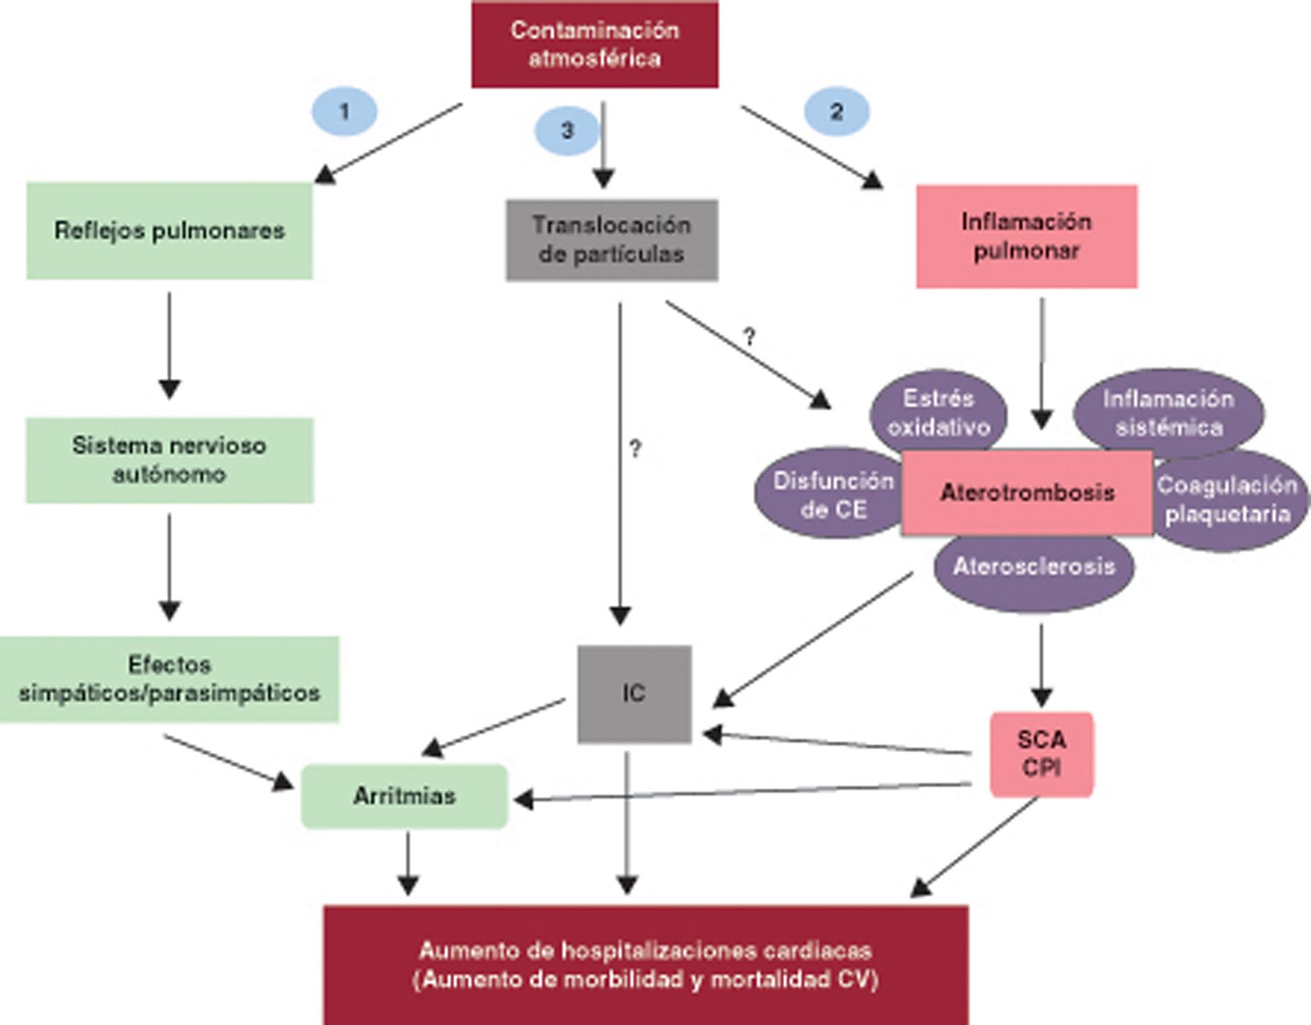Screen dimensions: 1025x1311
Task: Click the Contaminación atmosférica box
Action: [595, 45]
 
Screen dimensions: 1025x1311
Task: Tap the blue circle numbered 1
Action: [344, 111]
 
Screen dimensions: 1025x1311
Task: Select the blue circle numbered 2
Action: [837, 111]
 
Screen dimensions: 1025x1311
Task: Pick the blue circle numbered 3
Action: [566, 130]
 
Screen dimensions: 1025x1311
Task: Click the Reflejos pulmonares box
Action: [170, 230]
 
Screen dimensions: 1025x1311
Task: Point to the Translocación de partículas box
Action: [612, 240]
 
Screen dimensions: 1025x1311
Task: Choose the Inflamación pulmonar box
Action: [1026, 236]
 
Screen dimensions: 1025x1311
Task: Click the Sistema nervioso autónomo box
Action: [170, 460]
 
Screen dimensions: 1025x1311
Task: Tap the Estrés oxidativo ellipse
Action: [938, 412]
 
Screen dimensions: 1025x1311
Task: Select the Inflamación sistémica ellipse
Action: [1169, 412]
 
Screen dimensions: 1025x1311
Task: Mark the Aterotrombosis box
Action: [1027, 493]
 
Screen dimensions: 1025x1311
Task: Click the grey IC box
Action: [634, 693]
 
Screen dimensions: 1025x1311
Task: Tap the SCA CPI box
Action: [1041, 754]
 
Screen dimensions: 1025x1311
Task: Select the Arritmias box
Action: [404, 796]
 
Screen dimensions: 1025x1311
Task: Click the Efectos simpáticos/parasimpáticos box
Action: [170, 679]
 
